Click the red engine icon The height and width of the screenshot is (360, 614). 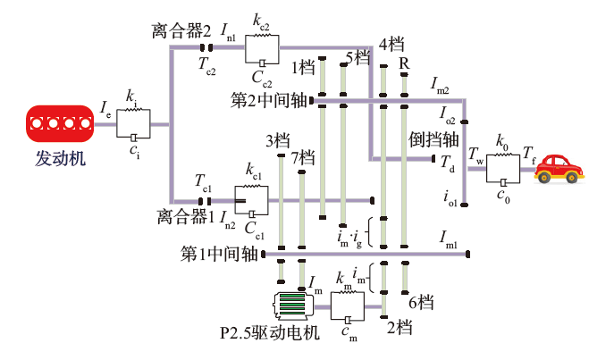click(62, 124)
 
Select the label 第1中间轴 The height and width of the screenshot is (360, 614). click(220, 254)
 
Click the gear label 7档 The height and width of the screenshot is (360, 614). click(304, 158)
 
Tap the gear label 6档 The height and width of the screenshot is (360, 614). click(420, 304)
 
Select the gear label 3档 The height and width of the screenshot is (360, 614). click(278, 141)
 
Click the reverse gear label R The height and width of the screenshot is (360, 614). click(404, 63)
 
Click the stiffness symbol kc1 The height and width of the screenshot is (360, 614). click(253, 171)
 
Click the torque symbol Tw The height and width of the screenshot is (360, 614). click(477, 159)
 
